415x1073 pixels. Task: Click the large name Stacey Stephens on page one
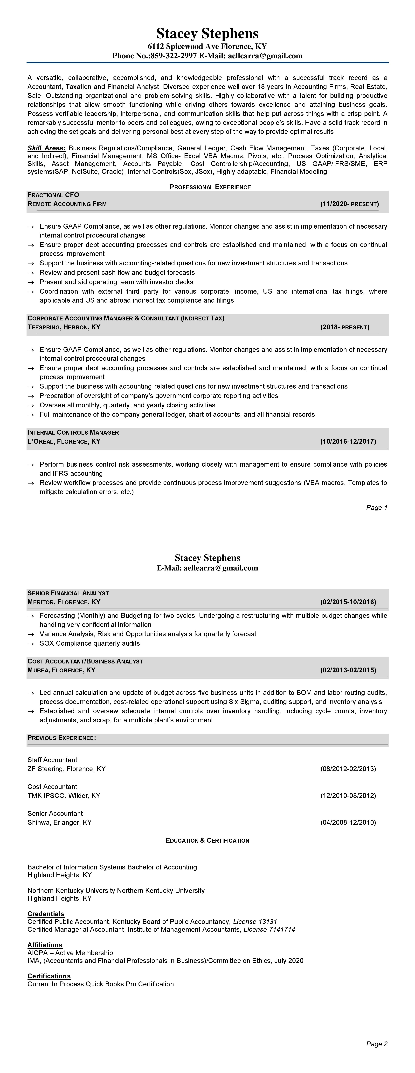point(207,33)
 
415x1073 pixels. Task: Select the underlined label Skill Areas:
point(46,148)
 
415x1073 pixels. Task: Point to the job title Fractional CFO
point(53,195)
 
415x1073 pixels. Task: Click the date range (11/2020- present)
point(350,204)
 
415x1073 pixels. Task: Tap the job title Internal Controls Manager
point(73,432)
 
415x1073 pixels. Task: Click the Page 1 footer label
point(377,507)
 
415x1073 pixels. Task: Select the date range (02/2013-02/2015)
point(348,670)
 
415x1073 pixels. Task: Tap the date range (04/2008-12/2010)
point(348,822)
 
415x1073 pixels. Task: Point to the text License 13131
point(255,921)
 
